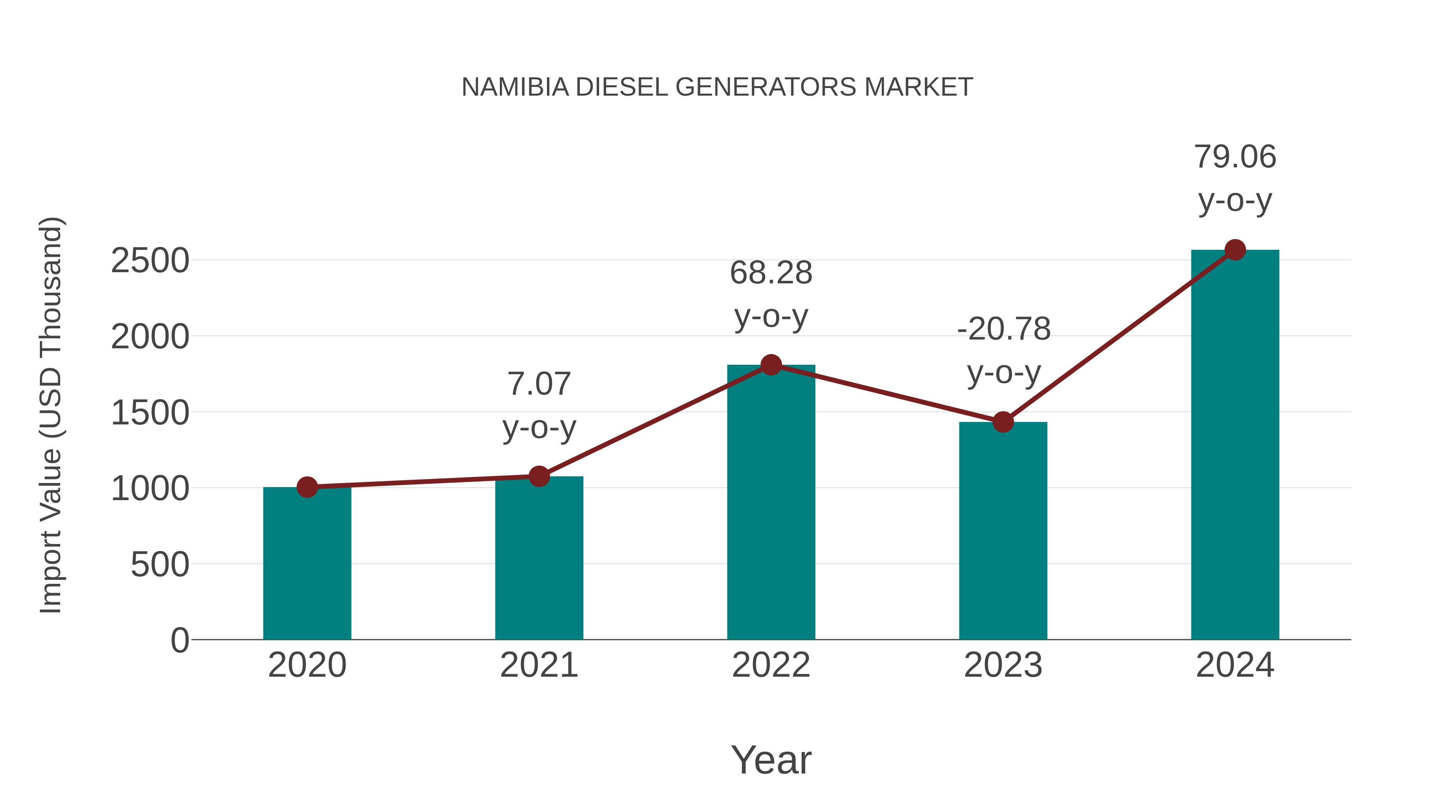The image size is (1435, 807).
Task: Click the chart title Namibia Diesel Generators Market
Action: [x=717, y=87]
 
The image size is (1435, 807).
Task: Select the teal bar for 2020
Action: [x=307, y=562]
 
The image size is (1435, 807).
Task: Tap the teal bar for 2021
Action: [x=539, y=557]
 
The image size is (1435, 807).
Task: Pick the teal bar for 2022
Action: [x=771, y=501]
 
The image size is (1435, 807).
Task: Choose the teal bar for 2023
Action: [x=1003, y=529]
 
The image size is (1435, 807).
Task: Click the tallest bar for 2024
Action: [x=1235, y=446]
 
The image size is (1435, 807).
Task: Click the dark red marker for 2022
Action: [x=771, y=365]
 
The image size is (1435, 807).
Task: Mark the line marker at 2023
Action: [x=1003, y=422]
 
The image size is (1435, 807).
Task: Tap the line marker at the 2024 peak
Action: [x=1235, y=250]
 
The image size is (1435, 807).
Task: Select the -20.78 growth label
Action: [x=1004, y=329]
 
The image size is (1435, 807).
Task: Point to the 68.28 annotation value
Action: [x=771, y=273]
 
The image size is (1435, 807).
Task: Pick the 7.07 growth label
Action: [x=539, y=384]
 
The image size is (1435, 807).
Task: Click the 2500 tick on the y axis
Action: [x=150, y=261]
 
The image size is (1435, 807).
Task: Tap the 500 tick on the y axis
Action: [x=160, y=565]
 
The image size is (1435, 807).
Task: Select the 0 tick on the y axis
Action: [x=179, y=640]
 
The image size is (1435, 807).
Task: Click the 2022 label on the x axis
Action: [x=771, y=666]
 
